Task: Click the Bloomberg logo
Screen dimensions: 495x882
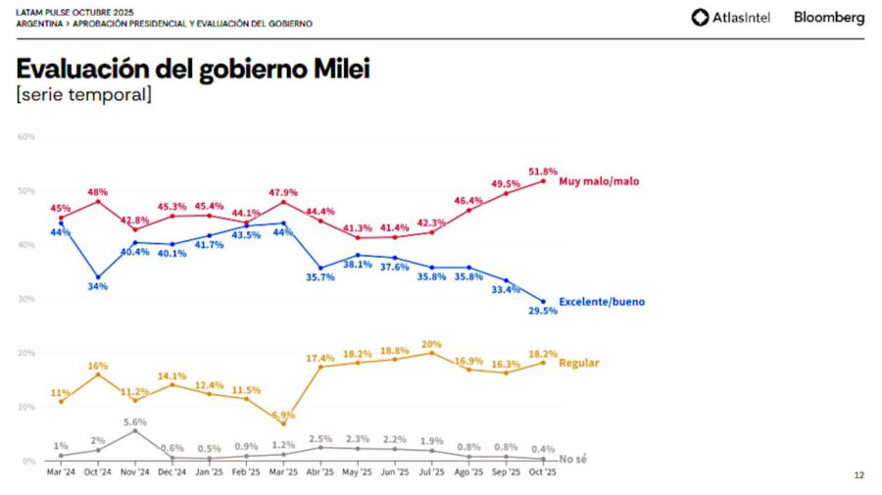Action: [x=829, y=17]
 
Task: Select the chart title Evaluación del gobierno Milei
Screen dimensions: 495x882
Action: [x=193, y=70]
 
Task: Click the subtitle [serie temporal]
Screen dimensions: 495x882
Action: [x=83, y=95]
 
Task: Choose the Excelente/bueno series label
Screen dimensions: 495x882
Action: [x=602, y=302]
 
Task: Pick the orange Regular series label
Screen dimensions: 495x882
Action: [x=578, y=363]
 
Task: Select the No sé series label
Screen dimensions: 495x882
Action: [x=573, y=459]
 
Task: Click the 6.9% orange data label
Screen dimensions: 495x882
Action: [x=283, y=415]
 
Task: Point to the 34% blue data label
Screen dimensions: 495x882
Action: [x=98, y=287]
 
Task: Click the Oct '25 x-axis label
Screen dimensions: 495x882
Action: [x=543, y=472]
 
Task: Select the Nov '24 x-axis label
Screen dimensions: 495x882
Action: [x=135, y=472]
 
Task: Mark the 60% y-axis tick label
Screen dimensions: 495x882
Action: [x=26, y=136]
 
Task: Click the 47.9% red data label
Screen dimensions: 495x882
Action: [x=283, y=192]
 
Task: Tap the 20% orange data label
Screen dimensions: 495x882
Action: [x=431, y=344]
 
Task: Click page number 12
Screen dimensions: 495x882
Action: [x=858, y=475]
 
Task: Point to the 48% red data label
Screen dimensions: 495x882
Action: [x=98, y=192]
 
